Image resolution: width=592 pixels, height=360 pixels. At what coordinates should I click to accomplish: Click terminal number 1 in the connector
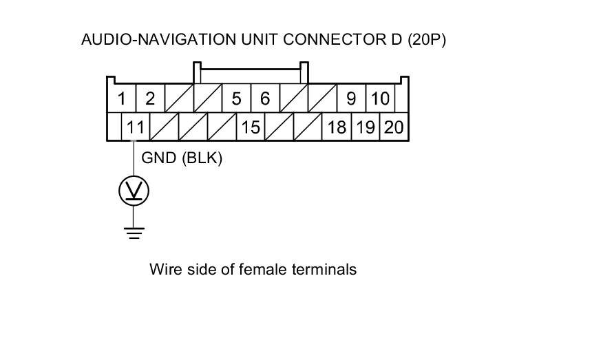122,99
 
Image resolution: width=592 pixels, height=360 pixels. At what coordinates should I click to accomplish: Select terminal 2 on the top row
149,99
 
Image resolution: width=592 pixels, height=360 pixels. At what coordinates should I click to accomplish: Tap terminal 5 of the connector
236,99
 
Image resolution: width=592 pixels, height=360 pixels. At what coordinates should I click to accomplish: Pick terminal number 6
264,99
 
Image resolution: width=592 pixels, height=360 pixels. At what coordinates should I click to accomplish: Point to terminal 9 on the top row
351,99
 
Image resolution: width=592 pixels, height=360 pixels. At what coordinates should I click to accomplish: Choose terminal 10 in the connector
380,99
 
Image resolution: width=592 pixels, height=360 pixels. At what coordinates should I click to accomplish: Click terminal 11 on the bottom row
136,127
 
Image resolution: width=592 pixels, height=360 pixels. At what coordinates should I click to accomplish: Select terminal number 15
251,127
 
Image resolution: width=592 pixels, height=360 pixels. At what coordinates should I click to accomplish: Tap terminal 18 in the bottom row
337,127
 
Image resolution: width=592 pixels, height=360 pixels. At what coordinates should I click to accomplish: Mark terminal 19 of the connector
366,127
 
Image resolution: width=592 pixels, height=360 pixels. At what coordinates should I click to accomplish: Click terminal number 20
394,127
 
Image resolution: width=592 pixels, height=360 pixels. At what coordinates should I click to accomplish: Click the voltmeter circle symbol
134,191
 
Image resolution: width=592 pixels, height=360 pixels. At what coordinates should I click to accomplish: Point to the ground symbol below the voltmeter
134,232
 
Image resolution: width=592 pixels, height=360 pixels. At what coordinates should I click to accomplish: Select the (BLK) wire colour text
202,158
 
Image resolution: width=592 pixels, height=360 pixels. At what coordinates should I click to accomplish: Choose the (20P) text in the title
427,40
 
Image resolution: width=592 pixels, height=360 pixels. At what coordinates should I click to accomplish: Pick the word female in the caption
261,269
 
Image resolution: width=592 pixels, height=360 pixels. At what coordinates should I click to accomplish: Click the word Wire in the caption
163,269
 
